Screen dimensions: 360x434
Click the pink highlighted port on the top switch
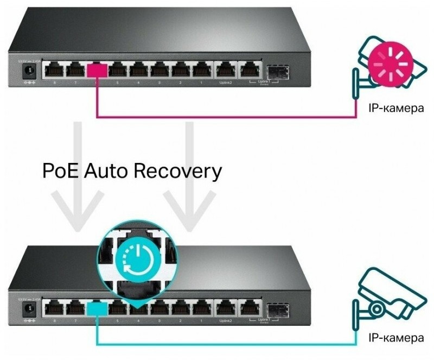tap(97, 70)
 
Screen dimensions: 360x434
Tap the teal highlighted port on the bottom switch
tap(97, 308)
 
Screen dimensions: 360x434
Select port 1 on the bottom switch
tap(202, 309)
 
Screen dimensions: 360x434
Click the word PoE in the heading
tap(60, 171)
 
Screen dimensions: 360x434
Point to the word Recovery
tap(179, 171)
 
